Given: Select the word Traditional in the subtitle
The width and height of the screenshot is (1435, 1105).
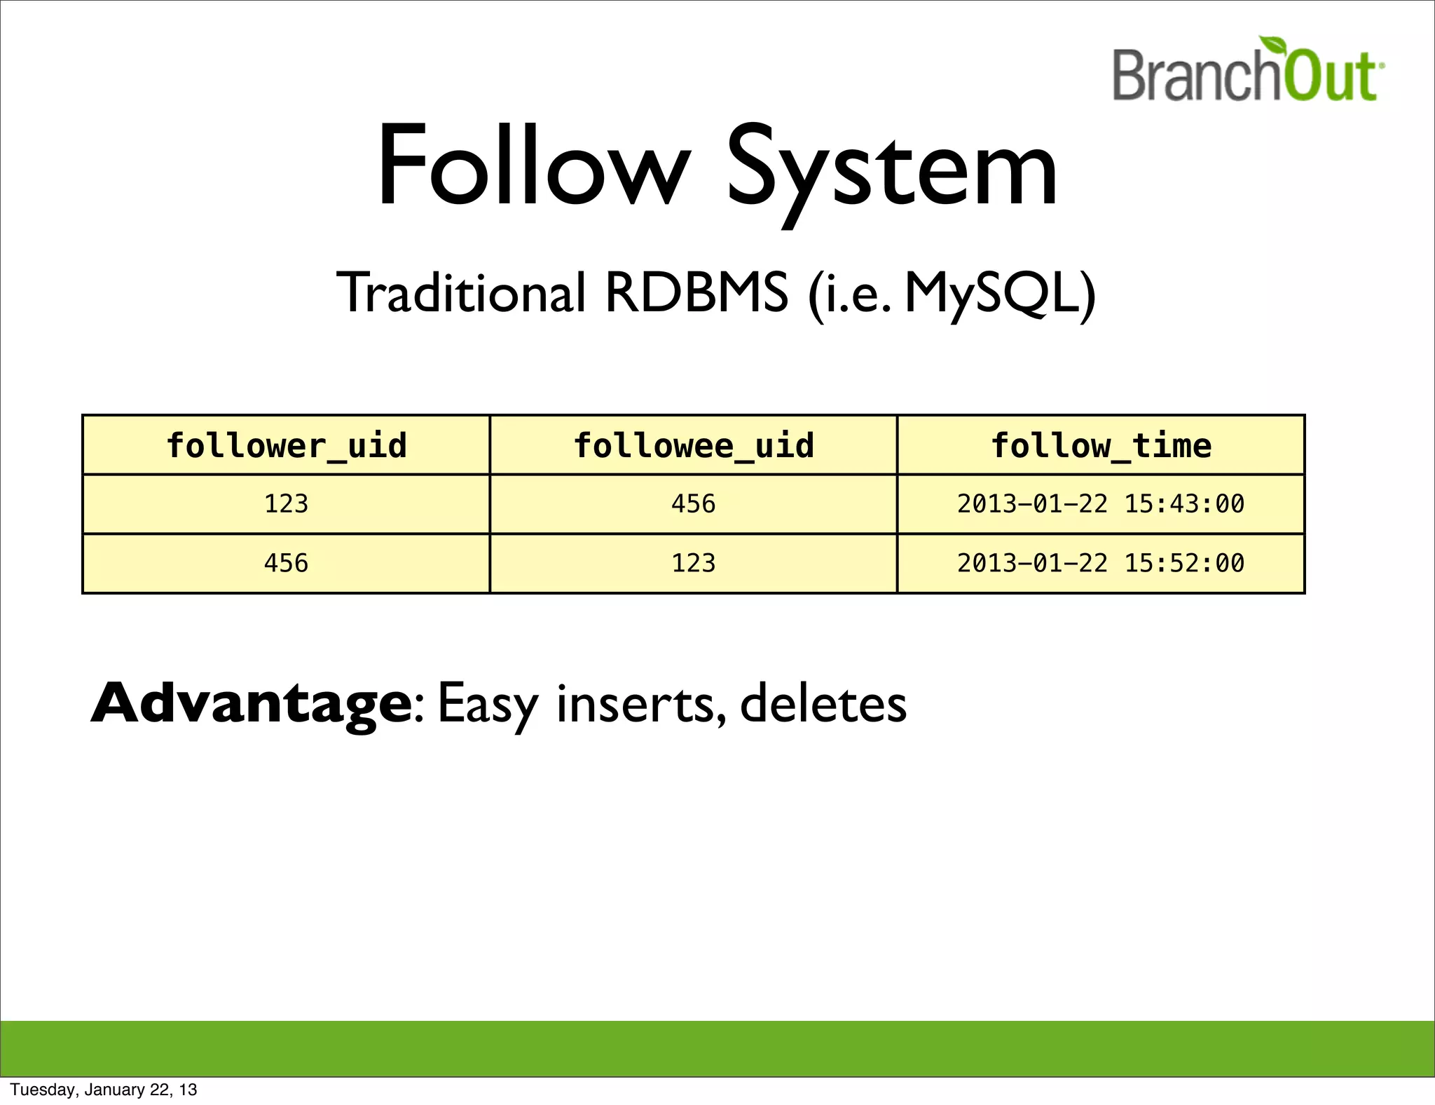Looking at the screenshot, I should [461, 292].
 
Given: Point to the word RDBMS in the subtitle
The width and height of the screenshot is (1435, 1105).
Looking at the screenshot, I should [696, 292].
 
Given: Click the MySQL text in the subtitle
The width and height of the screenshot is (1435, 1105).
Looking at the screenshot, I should [995, 292].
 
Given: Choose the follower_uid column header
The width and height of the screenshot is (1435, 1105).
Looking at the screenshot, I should [286, 446].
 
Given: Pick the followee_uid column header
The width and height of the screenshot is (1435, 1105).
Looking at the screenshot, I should [694, 446].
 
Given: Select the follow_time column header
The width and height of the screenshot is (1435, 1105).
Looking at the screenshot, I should [1101, 446].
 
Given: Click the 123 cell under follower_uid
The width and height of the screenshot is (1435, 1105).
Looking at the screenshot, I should [286, 504].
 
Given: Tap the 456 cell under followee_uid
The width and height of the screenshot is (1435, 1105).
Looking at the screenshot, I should [694, 504].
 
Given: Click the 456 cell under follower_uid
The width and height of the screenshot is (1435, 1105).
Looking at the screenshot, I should [286, 563].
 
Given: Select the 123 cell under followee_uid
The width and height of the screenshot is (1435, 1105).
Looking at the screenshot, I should [694, 563].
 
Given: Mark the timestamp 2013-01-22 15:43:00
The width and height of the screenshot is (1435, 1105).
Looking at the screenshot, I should [1101, 504].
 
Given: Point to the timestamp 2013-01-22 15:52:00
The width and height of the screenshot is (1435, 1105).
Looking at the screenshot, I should [1101, 563].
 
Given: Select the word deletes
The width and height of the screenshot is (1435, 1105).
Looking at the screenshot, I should [823, 703].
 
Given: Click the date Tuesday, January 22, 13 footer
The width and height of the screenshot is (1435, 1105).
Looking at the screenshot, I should [104, 1090].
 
